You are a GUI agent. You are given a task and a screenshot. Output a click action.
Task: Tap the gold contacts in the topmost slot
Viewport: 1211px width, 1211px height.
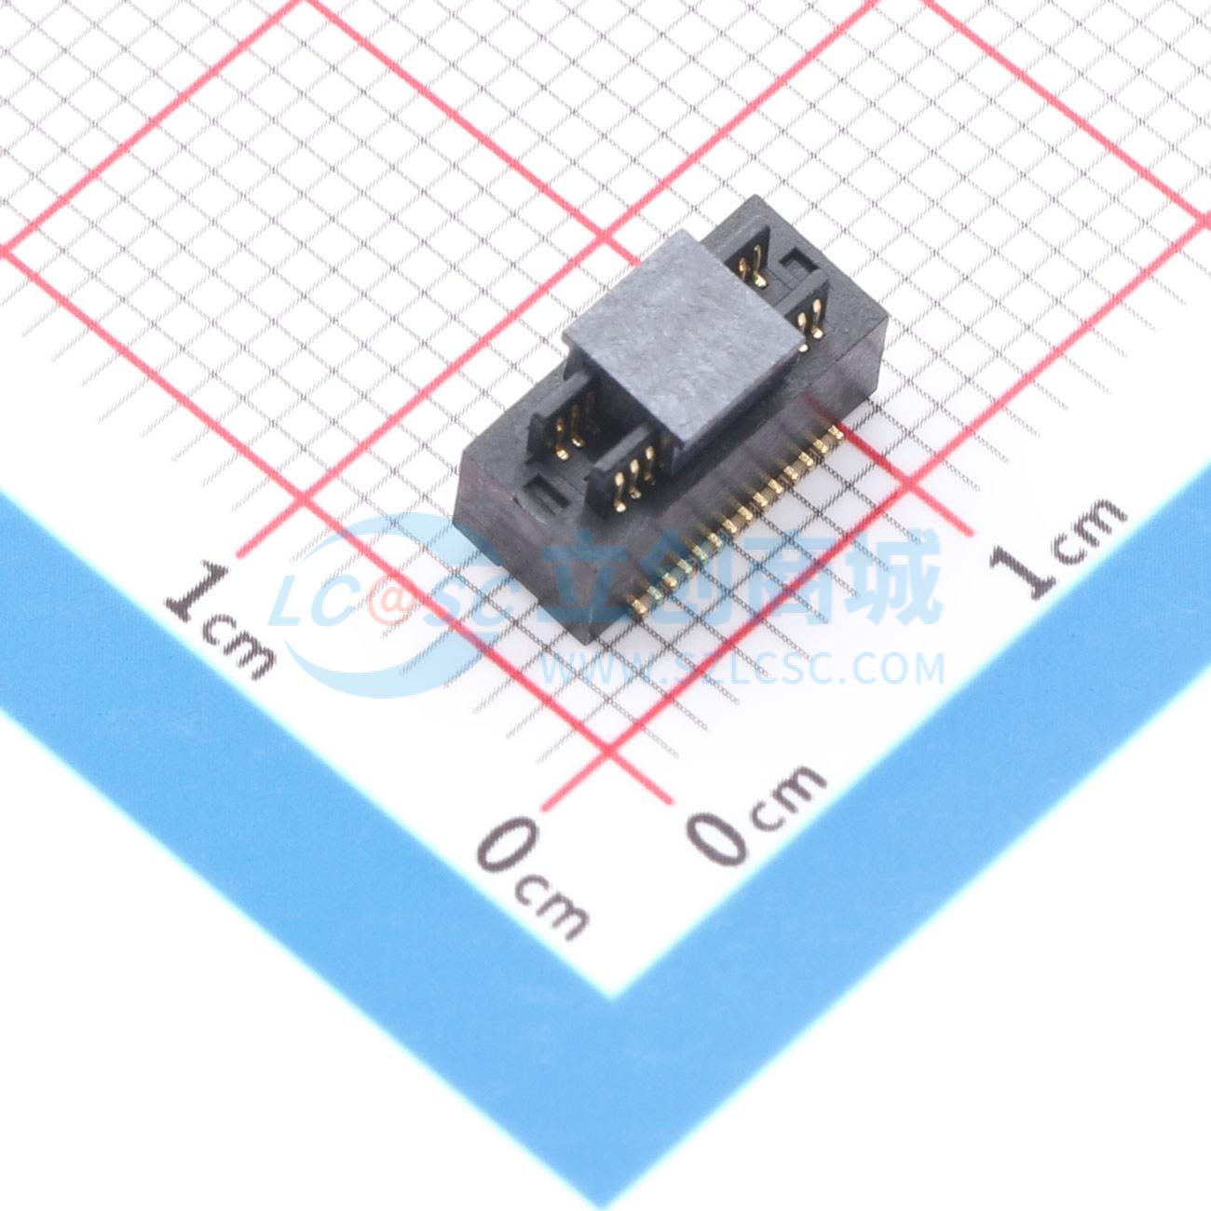(753, 264)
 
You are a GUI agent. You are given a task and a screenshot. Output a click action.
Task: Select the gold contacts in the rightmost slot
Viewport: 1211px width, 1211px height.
(810, 320)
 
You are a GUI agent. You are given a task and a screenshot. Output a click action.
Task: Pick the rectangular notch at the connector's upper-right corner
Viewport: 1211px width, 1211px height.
(798, 264)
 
